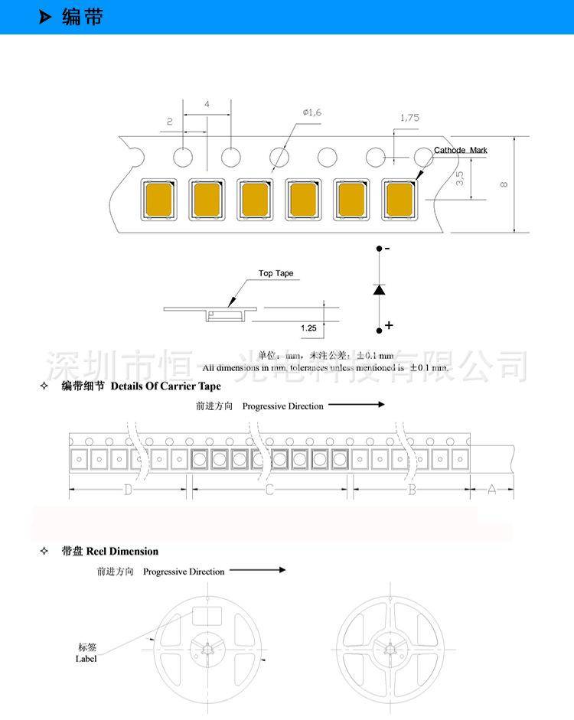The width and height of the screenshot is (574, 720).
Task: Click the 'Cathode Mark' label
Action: click(460, 151)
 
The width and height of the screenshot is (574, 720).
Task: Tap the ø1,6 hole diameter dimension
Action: click(312, 112)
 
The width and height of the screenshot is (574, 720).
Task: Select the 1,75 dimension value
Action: click(409, 118)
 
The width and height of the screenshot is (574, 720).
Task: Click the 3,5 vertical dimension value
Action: click(459, 179)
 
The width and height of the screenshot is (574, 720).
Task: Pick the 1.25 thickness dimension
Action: click(308, 327)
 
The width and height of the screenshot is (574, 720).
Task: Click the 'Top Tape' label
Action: click(276, 273)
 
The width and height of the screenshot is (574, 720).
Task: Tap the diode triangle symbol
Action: click(379, 289)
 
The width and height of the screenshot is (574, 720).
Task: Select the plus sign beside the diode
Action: click(389, 325)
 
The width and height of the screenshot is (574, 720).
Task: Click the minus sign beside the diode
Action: click(387, 249)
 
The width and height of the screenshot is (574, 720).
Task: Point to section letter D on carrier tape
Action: click(129, 490)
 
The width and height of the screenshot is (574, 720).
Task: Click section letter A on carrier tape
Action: click(492, 490)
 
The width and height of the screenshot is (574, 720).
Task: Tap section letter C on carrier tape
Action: click(269, 490)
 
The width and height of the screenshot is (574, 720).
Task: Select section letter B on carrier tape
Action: click(411, 490)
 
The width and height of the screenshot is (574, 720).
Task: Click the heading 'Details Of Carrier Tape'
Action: click(165, 386)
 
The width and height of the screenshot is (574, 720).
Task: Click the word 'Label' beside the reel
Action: click(86, 659)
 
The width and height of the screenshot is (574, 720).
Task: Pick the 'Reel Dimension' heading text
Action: click(122, 551)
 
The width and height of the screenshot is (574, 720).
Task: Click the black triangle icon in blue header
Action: click(46, 18)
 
